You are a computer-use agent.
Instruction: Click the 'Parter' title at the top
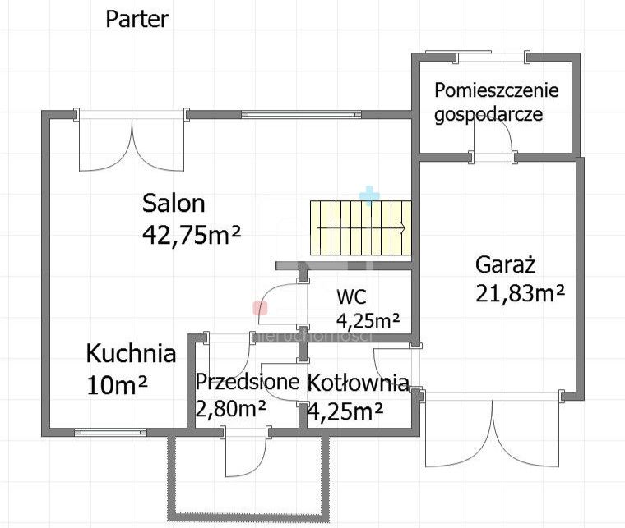137,20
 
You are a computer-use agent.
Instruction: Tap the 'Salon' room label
174,203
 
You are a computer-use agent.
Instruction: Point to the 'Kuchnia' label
131,354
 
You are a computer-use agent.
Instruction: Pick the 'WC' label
350,297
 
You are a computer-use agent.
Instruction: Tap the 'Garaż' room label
506,264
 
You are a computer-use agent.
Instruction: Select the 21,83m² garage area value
520,292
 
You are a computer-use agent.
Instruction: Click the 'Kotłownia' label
358,382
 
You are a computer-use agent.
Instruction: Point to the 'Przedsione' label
246,382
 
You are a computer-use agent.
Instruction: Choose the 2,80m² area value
230,407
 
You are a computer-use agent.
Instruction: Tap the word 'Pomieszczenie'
497,90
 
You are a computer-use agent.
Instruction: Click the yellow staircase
359,228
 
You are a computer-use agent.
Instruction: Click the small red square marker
260,308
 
